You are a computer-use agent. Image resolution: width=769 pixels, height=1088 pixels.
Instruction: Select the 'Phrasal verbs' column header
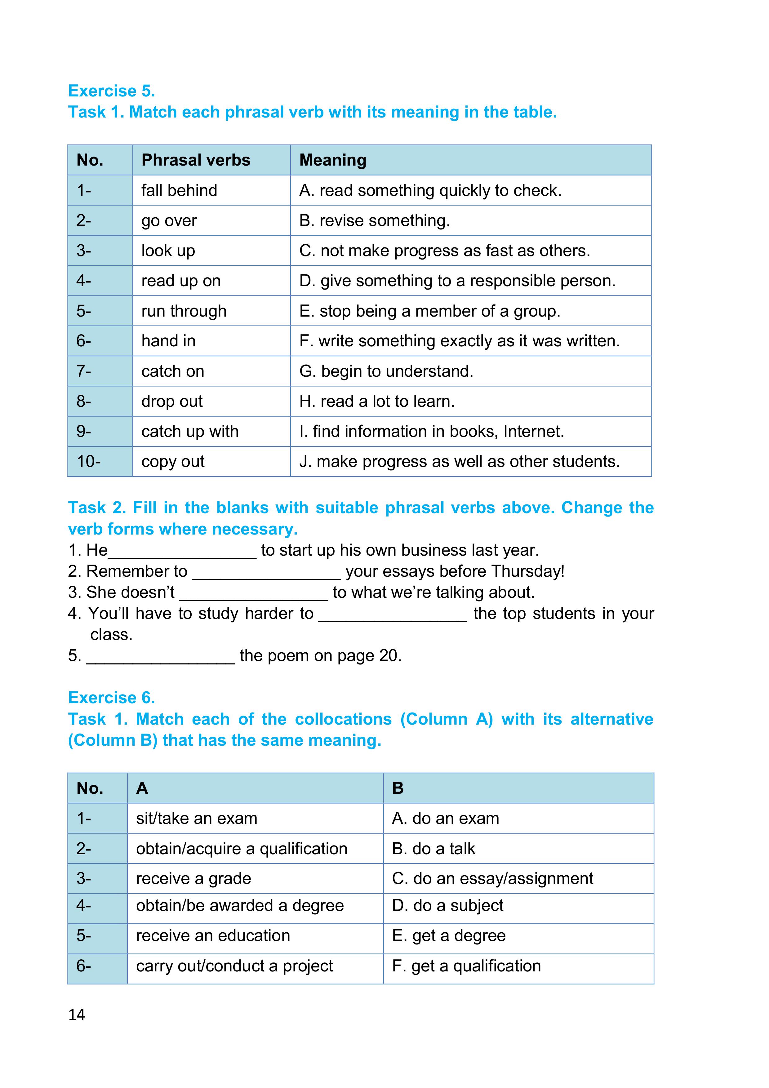click(x=196, y=160)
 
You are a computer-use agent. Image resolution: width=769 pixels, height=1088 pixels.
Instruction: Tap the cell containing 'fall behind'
click(x=179, y=190)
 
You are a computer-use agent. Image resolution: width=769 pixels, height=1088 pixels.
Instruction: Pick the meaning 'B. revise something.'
click(x=374, y=221)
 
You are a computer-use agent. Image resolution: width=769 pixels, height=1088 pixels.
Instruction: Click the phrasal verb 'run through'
click(x=184, y=311)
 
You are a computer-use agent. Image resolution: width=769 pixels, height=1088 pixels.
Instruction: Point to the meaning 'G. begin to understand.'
click(x=386, y=371)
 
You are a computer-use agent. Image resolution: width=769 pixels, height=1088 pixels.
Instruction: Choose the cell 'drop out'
click(x=172, y=401)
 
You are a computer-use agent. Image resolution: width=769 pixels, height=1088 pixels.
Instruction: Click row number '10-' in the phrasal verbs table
click(x=89, y=462)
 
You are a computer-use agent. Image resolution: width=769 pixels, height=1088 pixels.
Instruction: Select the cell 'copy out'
click(x=173, y=462)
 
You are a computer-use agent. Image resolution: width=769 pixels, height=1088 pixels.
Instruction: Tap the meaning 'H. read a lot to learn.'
click(x=377, y=401)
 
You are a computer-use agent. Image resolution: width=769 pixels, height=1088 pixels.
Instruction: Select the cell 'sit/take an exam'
click(x=197, y=818)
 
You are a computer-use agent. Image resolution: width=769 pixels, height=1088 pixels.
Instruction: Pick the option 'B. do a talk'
click(x=433, y=849)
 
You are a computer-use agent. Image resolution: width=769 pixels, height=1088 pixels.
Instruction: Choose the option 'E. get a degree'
click(x=449, y=936)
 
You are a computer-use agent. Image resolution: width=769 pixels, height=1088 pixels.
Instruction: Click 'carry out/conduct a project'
click(x=234, y=966)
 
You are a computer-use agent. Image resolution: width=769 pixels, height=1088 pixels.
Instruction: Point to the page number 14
click(x=77, y=1015)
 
